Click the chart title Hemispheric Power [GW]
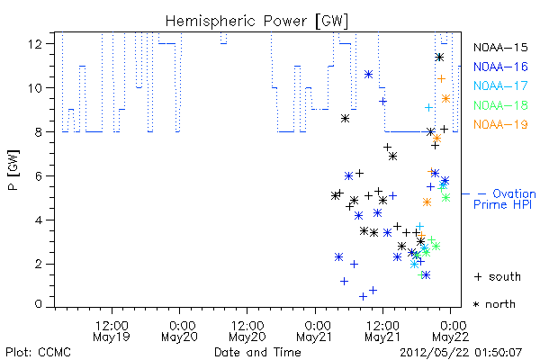point(256,22)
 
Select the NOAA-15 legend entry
point(500,47)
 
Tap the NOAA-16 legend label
point(500,67)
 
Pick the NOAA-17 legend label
point(500,85)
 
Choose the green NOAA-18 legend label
point(500,105)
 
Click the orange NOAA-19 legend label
point(500,124)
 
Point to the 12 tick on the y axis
point(35,44)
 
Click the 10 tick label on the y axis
point(35,88)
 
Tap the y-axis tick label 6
point(38,176)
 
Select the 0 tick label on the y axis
point(38,304)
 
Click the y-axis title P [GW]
point(13,170)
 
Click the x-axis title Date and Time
point(257,352)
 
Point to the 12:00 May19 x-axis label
point(112,331)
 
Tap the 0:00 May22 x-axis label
point(451,331)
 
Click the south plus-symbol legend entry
point(498,276)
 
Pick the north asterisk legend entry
point(494,304)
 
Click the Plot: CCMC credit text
point(38,352)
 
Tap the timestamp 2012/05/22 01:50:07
point(461,352)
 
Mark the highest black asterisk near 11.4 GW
point(439,58)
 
